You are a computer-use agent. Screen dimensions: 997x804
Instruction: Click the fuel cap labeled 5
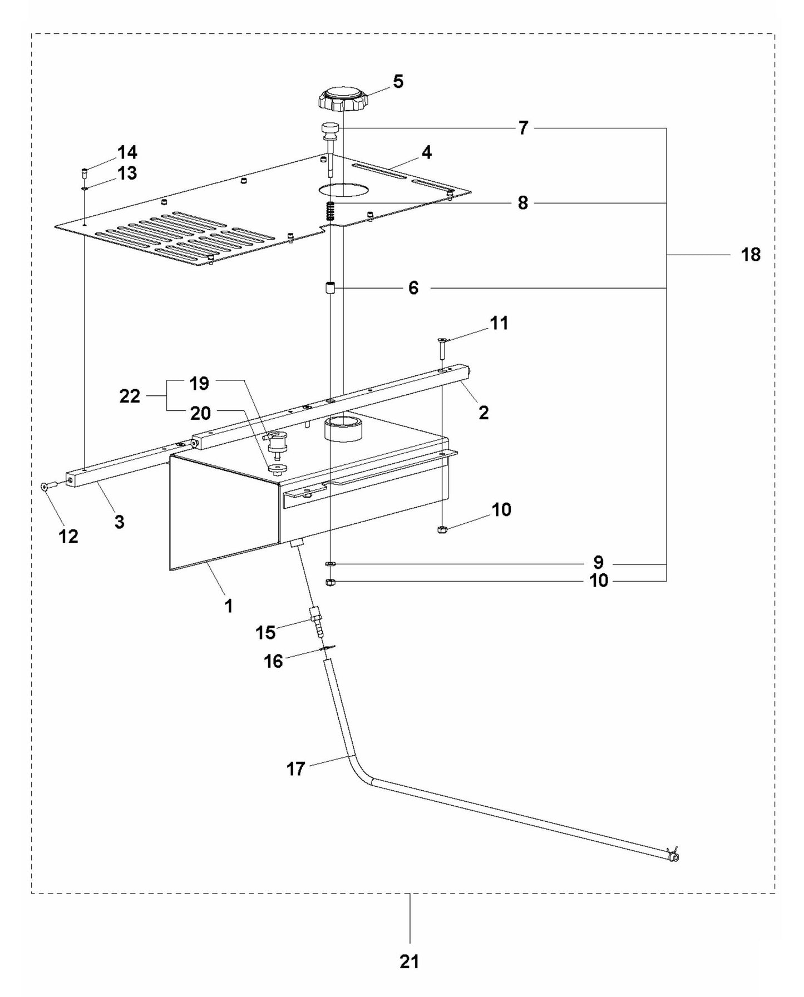tap(341, 99)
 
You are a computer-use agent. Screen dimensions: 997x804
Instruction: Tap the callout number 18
tap(751, 255)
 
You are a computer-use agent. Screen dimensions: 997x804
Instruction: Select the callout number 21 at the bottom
tap(409, 961)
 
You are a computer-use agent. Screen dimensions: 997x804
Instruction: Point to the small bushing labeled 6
tap(330, 288)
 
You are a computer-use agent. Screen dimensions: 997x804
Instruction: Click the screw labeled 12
tap(46, 486)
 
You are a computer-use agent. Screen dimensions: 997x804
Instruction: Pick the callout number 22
tap(130, 396)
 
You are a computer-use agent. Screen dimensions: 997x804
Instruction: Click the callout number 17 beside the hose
tap(295, 768)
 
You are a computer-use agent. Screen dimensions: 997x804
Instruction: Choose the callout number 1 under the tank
tap(228, 606)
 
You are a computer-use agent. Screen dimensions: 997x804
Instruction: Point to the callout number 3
tap(119, 522)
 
